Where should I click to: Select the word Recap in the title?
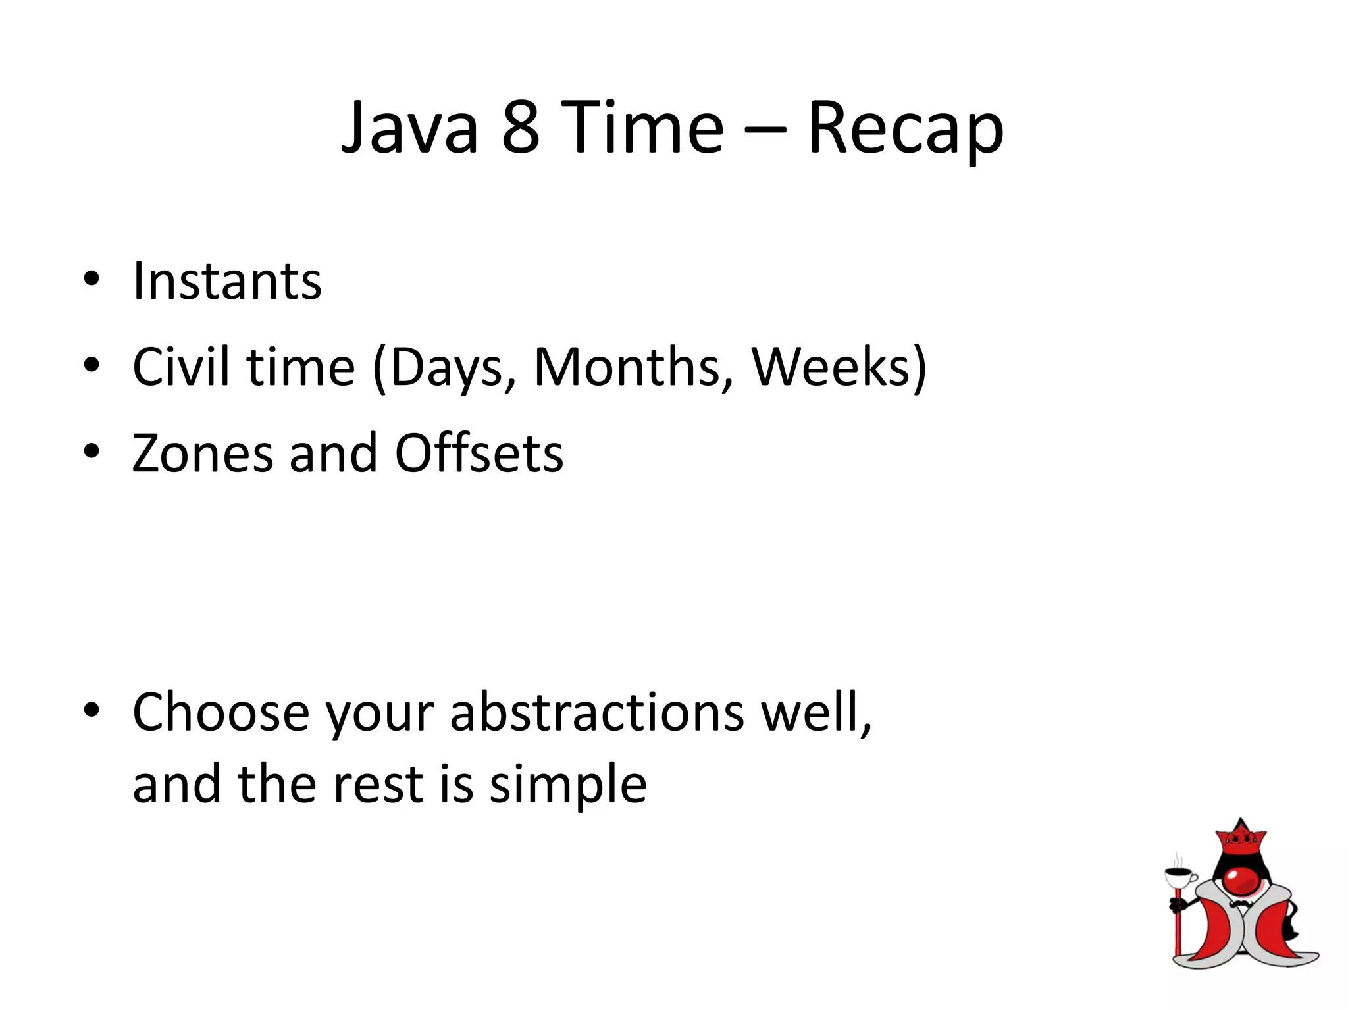tap(905, 128)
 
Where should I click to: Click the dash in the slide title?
tap(765, 129)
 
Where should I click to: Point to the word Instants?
tap(227, 281)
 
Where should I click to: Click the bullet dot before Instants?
tap(91, 279)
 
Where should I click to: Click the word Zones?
tap(202, 454)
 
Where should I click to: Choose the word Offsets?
tap(479, 454)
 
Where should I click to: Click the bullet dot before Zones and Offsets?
tap(91, 452)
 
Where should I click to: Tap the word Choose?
tap(220, 712)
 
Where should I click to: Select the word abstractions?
tap(597, 712)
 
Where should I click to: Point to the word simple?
tap(568, 785)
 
